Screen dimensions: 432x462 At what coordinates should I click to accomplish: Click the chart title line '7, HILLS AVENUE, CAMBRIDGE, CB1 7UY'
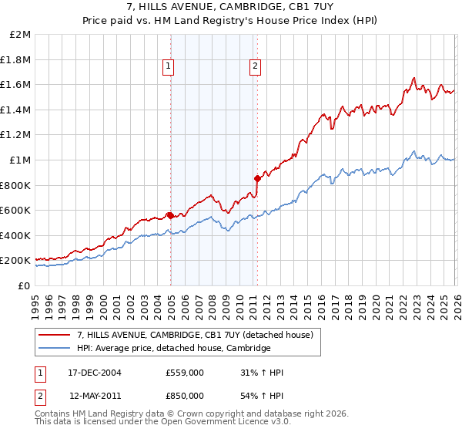point(230,5)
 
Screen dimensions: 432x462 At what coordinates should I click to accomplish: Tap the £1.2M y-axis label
point(16,135)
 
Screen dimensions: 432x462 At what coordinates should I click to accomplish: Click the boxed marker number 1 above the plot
point(168,67)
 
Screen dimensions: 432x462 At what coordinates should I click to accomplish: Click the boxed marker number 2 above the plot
point(254,67)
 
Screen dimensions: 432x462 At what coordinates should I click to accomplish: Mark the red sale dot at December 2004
point(170,215)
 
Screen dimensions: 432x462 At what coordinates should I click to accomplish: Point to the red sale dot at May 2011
point(257,178)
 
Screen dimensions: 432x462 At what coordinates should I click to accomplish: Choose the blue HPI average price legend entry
point(173,349)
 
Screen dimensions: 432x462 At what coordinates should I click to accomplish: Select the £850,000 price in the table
point(185,396)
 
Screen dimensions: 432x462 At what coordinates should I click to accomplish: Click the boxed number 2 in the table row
point(40,396)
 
